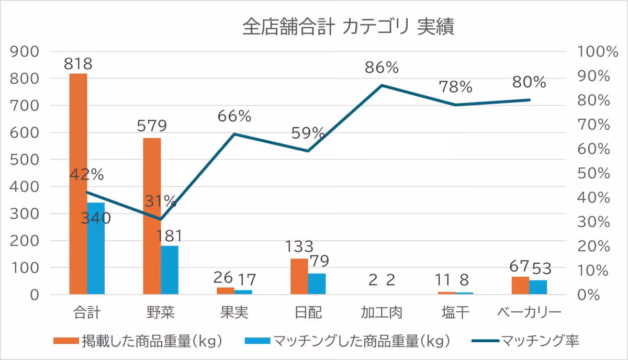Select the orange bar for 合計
[78, 183]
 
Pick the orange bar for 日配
[299, 276]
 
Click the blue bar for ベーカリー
[538, 287]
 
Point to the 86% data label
[382, 67]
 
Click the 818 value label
[78, 64]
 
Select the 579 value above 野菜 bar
[152, 127]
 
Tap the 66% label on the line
[235, 116]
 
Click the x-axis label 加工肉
[382, 313]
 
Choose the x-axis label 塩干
[455, 313]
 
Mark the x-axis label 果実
[234, 313]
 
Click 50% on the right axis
[593, 173]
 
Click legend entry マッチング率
[540, 341]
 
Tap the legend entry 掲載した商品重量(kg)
[152, 341]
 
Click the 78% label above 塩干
[455, 86]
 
